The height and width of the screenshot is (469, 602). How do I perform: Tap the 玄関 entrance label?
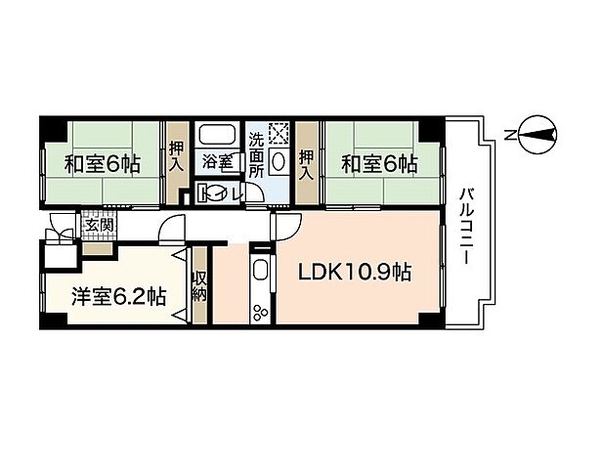(x=99, y=225)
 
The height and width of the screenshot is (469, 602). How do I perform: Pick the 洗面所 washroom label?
(x=256, y=154)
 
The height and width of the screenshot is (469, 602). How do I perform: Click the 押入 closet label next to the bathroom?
(x=176, y=154)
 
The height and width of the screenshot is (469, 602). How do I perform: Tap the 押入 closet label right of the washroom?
(x=307, y=154)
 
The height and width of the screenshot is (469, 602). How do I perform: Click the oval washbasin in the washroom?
(x=278, y=160)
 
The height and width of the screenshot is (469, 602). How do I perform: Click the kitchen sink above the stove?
(x=261, y=271)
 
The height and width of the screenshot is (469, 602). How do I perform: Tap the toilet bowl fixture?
(x=208, y=192)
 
